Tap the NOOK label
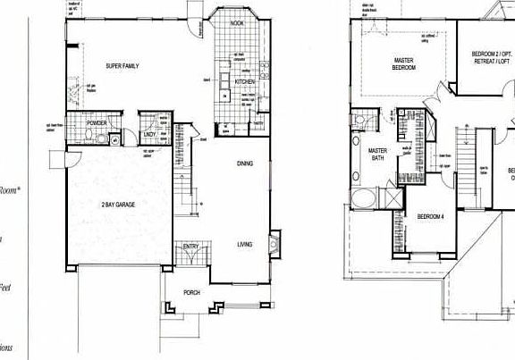pos(237,23)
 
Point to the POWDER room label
pos(97,123)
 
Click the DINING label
pos(245,163)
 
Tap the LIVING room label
pos(245,243)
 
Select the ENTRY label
pos(191,247)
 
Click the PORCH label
pos(191,291)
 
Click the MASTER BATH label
pos(377,155)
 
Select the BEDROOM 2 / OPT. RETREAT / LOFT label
pos(491,59)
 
